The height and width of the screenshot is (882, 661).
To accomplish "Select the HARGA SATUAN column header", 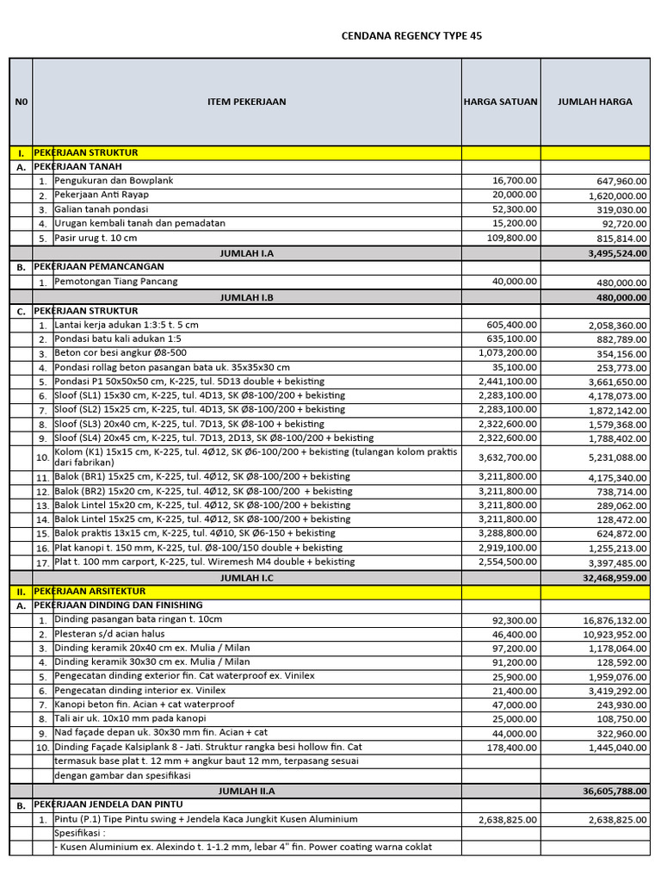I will click(x=500, y=102).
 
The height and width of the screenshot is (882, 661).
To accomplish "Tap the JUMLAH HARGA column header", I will click(x=595, y=102).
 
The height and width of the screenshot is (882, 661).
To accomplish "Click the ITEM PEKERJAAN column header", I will click(x=247, y=102).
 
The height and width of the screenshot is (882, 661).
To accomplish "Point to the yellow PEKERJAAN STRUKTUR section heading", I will click(x=86, y=152).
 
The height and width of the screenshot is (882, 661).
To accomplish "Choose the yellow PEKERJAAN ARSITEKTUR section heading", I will click(x=90, y=591).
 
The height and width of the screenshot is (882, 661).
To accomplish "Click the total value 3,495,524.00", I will click(x=612, y=253).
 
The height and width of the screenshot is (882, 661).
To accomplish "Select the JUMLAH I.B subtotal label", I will click(x=247, y=296).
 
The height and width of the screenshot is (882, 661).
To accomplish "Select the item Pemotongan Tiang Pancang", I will click(x=116, y=282).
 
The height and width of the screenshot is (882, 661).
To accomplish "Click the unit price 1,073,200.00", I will click(x=508, y=353).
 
